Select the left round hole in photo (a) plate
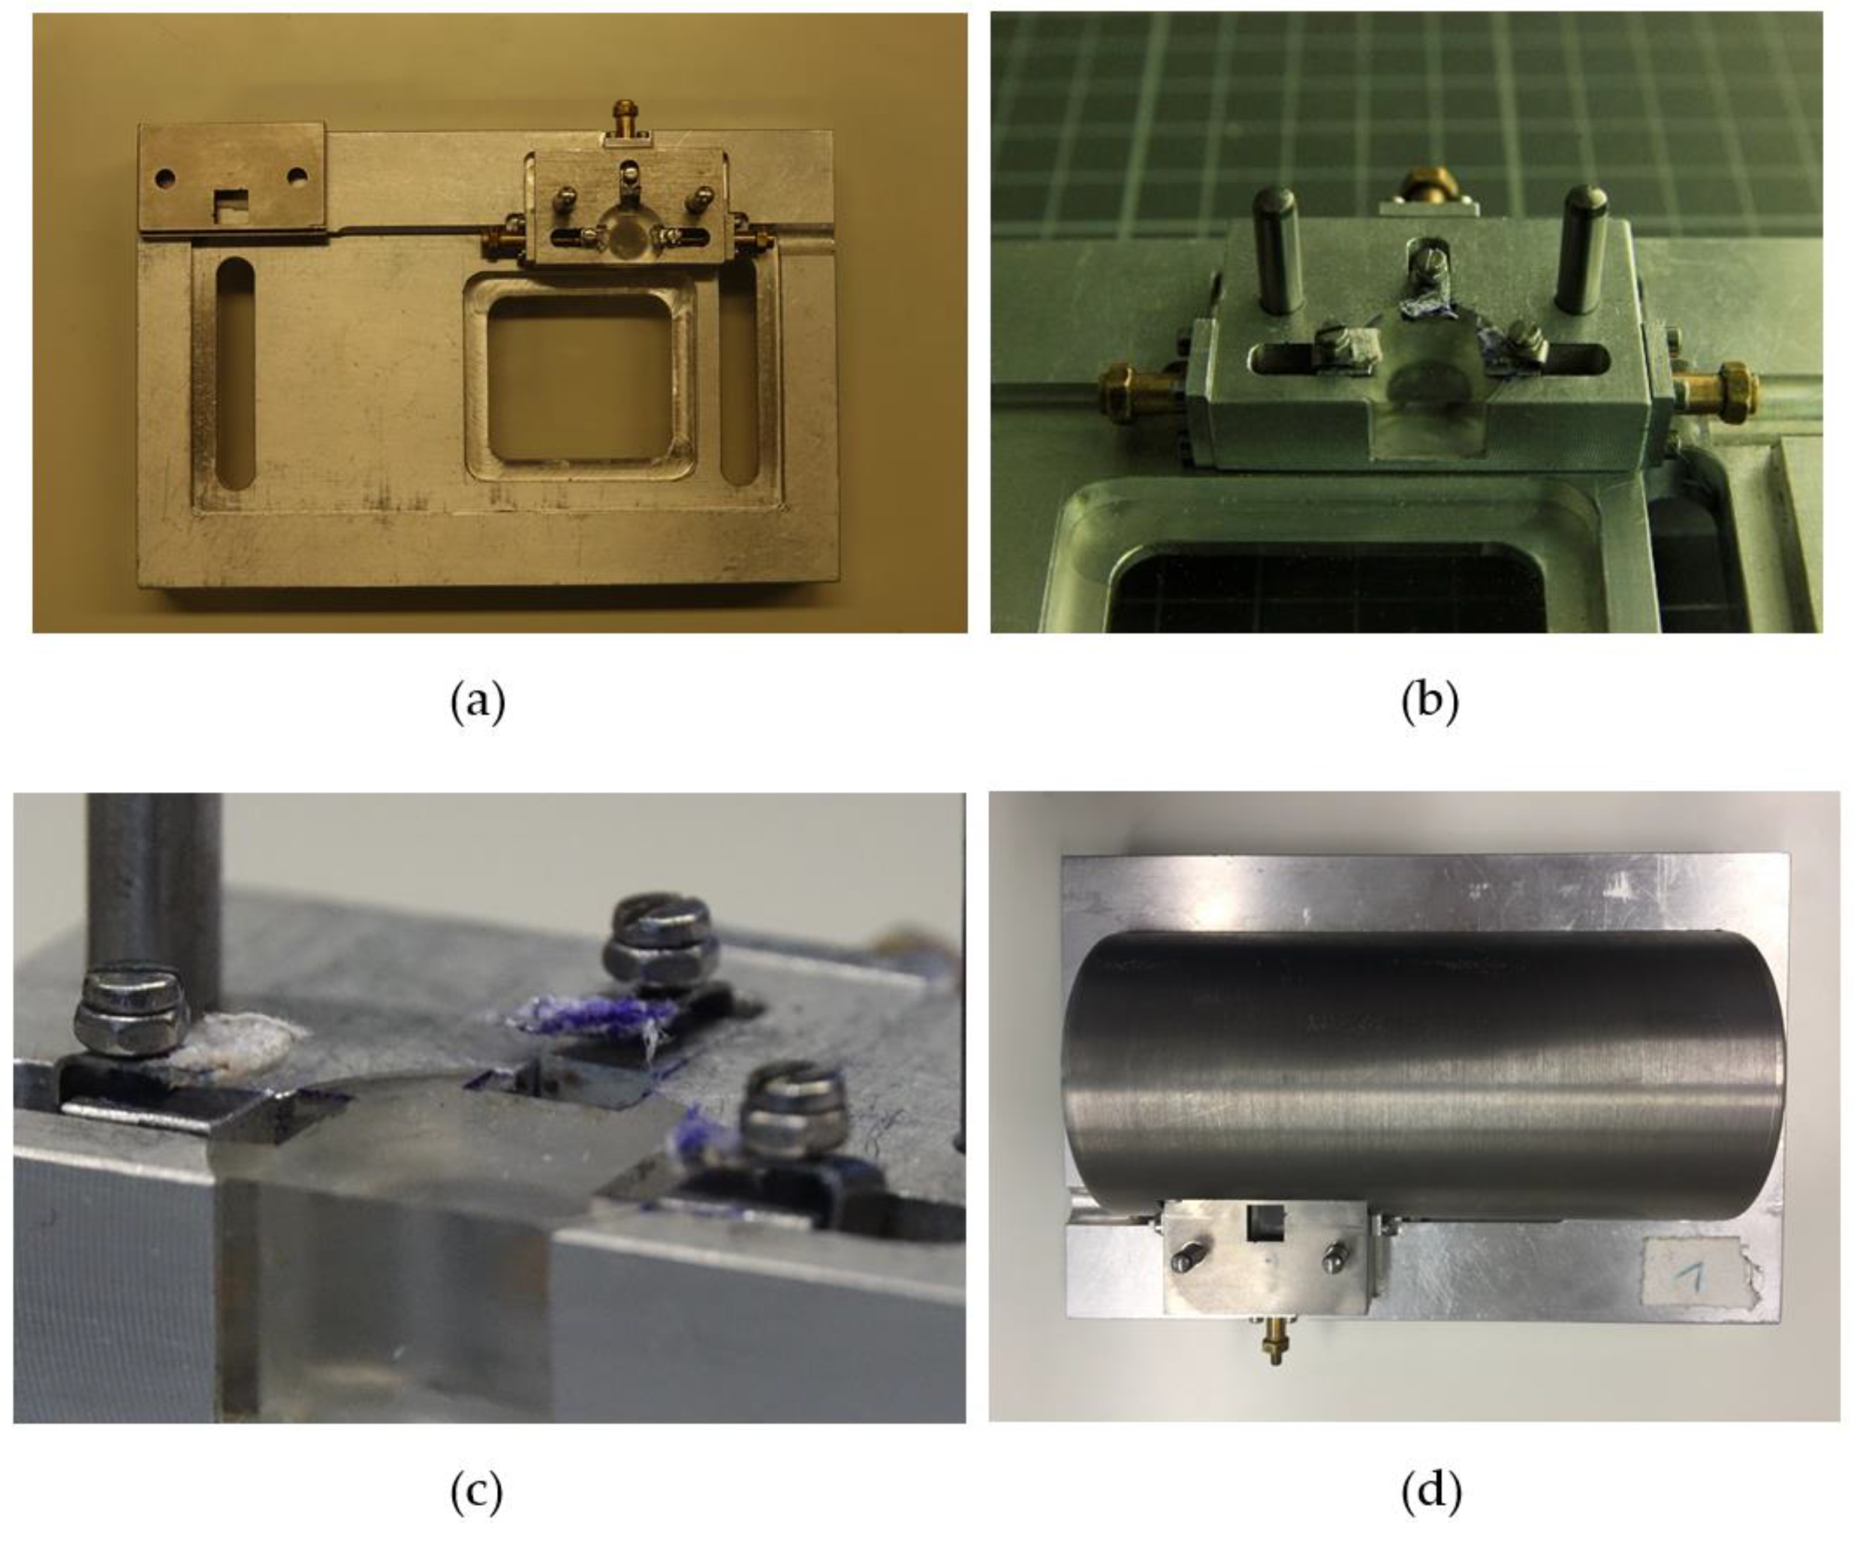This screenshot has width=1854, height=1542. click(x=165, y=179)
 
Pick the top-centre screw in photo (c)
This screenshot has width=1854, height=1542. click(x=657, y=940)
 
